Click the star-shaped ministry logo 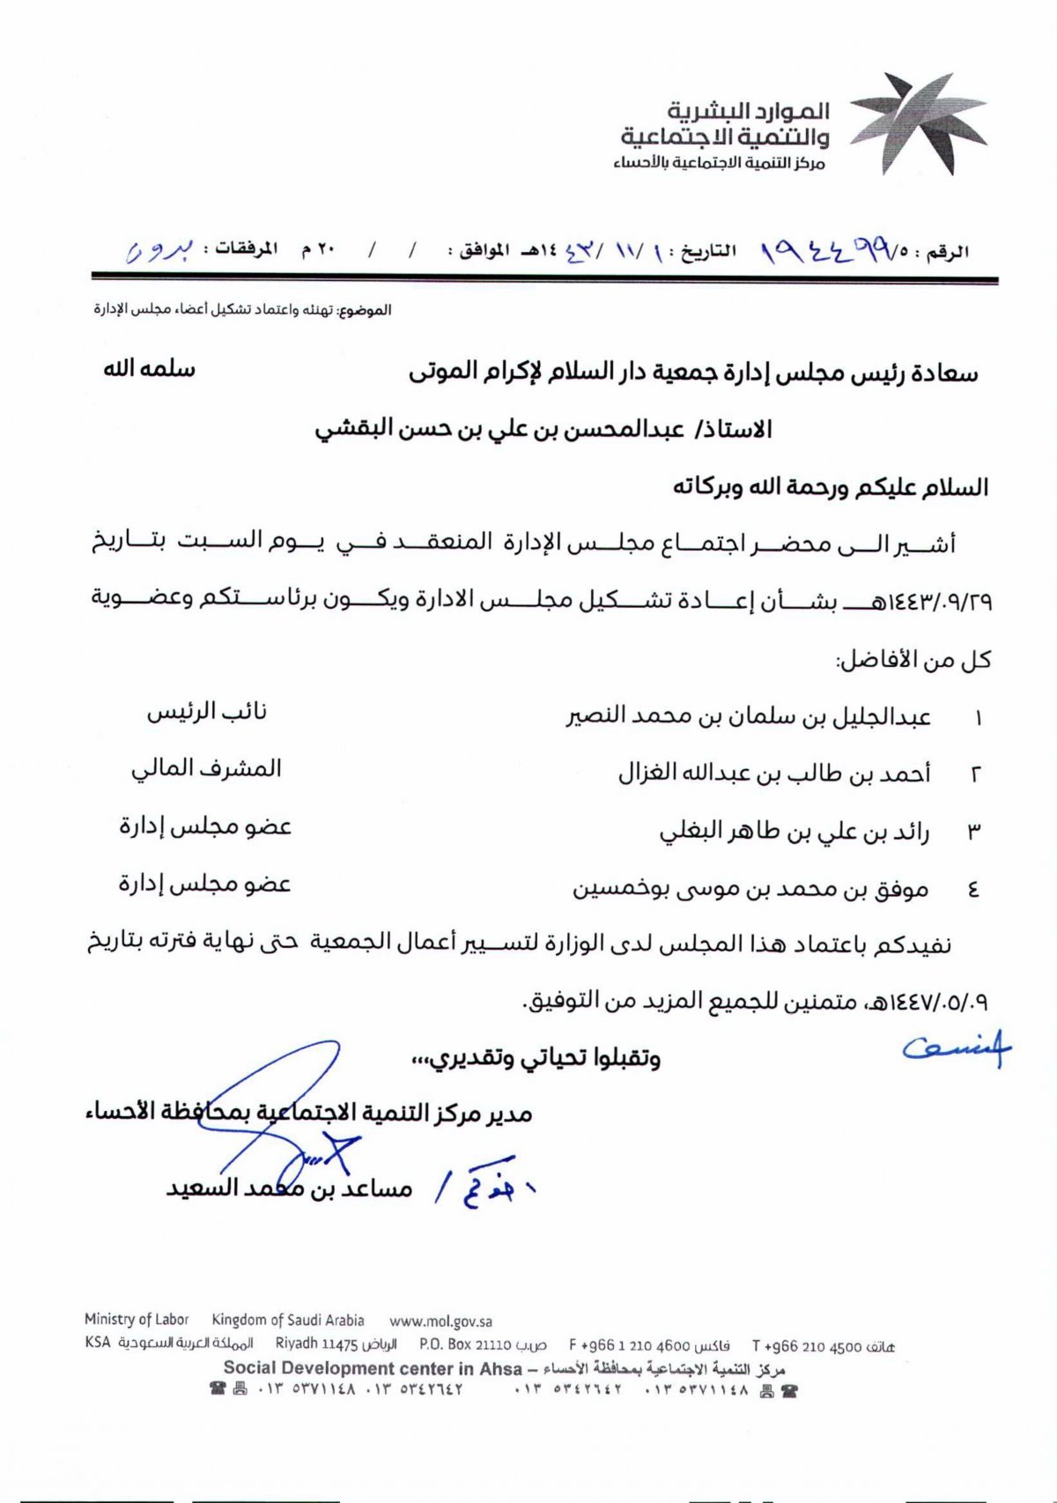(918, 124)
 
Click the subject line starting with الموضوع (243, 310)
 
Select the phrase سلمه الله (149, 369)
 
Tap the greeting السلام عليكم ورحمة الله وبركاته (831, 487)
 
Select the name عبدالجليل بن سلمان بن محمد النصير (748, 717)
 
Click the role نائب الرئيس (207, 712)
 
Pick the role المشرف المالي (206, 769)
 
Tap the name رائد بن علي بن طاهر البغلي (795, 832)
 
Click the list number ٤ (973, 890)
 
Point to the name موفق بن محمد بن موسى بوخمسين (750, 890)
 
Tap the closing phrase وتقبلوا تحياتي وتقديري (536, 1058)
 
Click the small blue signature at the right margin (957, 1048)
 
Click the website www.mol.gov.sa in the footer (440, 1322)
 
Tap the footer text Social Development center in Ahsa (373, 1368)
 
